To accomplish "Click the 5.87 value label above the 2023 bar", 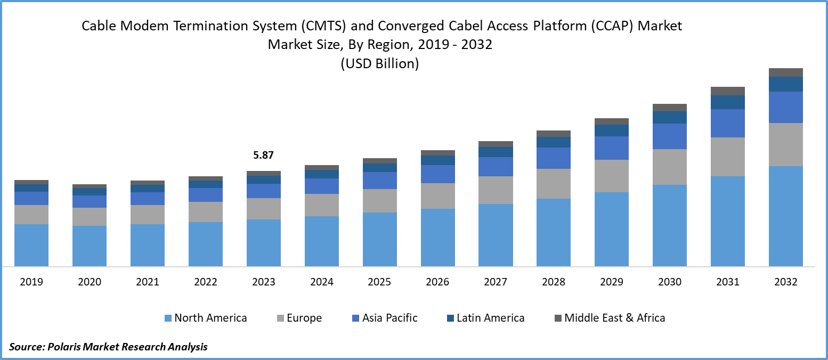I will pos(263,156).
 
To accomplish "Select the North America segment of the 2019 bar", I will pos(31,245).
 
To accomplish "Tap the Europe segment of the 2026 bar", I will pos(438,195).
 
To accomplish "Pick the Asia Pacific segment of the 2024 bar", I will pos(322,186).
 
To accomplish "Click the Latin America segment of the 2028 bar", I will pos(554,142).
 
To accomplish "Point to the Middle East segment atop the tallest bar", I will pos(785,72).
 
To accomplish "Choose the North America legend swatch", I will pos(168,318).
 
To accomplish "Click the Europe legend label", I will pos(304,318).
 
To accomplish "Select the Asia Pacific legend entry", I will pos(389,318).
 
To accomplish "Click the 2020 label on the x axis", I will pos(90,282).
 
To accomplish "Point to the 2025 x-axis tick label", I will pos(380,282).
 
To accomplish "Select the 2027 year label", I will pos(496,282).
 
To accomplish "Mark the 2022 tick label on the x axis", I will pos(206,282).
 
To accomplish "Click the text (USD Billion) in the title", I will pos(380,64).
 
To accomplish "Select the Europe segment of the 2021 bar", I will pos(148,215).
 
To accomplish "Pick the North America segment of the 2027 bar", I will pos(496,235).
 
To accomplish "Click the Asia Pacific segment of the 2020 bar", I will pos(90,201).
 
